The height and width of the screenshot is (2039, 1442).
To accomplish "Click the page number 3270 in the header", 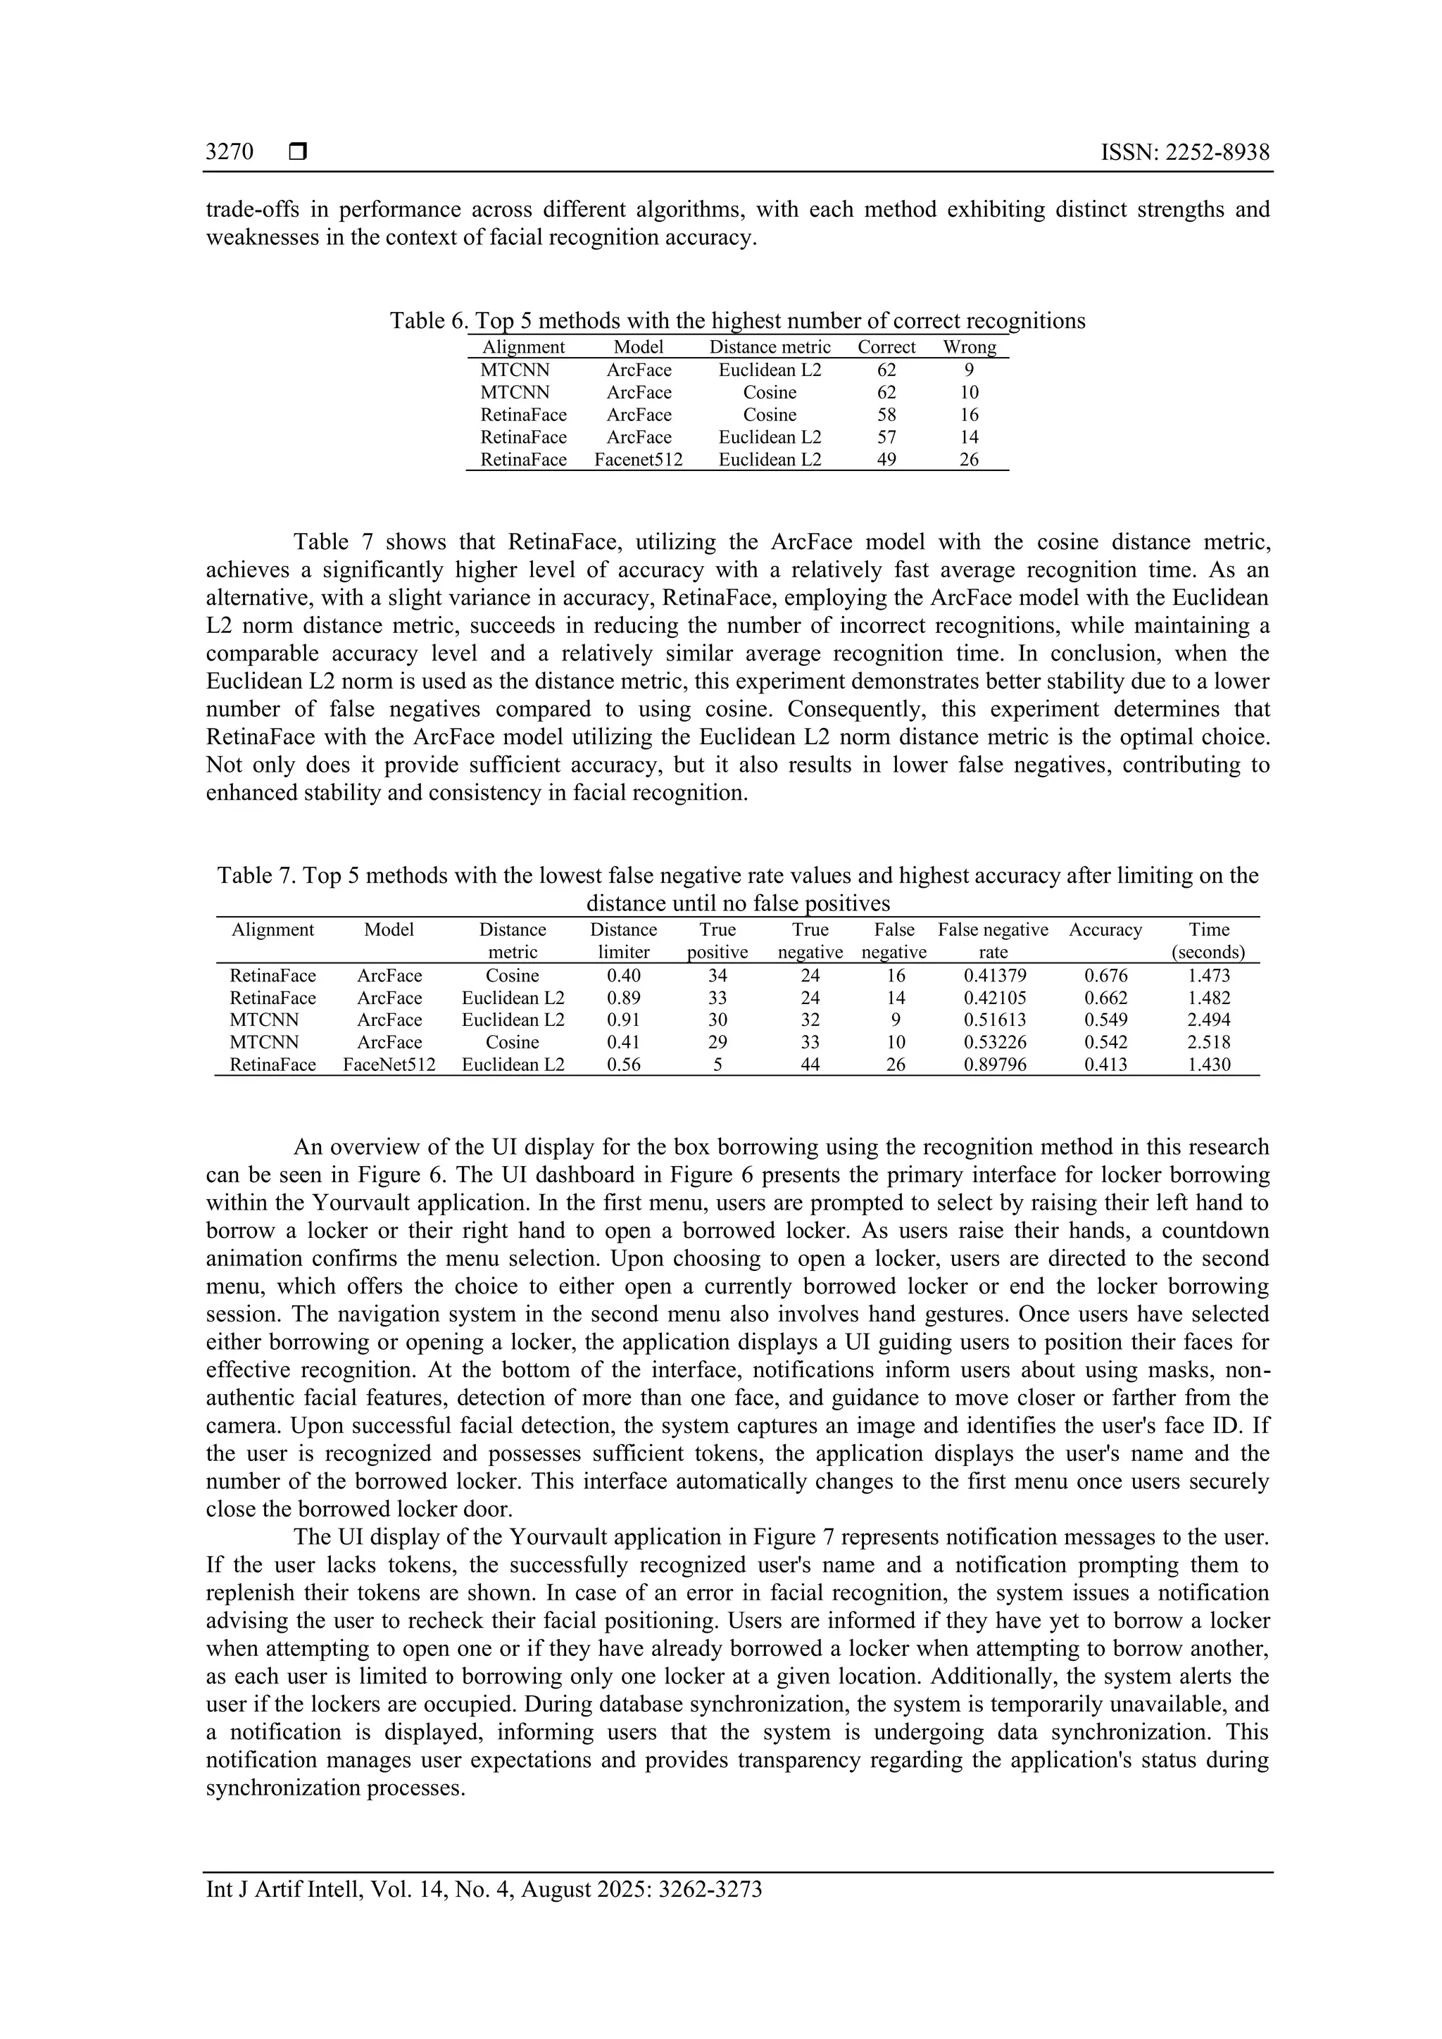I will pos(229,153).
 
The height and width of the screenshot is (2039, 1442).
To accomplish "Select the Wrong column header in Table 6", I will pos(969,347).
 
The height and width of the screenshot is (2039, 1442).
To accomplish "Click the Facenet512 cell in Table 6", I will pos(639,460).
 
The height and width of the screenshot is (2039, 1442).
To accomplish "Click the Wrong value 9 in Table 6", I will pos(969,370).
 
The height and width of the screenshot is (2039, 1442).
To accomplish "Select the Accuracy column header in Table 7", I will pos(1105,930).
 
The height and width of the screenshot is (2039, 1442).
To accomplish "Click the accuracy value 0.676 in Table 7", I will pos(1105,976).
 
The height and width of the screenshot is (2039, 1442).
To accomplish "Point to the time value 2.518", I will pos(1208,1043).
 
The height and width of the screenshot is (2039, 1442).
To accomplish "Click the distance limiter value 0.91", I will pos(623,1020).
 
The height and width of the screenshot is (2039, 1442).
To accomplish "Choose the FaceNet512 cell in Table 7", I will pos(389,1065).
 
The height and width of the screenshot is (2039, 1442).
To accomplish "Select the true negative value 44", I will pos(810,1065).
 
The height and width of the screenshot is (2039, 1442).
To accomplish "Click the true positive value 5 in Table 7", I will pos(717,1065).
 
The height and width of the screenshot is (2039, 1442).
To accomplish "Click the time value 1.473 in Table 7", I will pos(1208,976).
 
